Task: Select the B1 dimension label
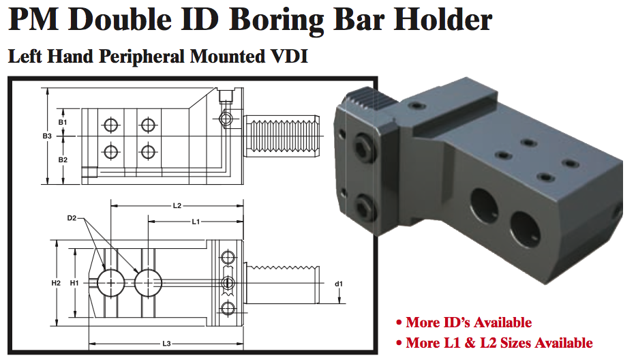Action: point(63,122)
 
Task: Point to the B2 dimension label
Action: point(63,160)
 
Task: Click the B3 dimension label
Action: point(47,136)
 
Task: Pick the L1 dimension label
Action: point(196,222)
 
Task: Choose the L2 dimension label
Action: point(177,205)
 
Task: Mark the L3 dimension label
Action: point(166,344)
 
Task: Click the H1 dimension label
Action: point(75,282)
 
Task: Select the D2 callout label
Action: point(72,218)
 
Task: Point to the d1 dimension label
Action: point(338,283)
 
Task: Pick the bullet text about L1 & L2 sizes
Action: point(498,343)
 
